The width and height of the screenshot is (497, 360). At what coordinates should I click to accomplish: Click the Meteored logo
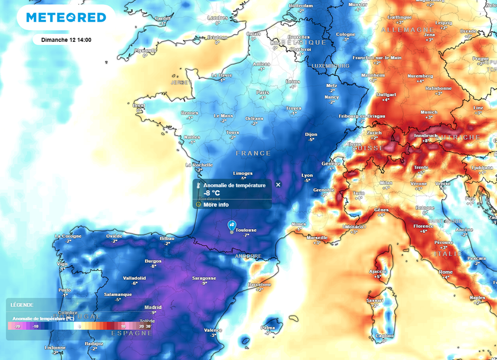[x=66, y=17]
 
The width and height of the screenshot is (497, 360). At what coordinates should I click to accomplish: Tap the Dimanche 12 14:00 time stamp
[x=66, y=40]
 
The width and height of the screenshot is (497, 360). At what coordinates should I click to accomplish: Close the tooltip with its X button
[x=278, y=185]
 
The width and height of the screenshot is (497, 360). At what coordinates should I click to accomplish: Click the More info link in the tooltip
[x=216, y=205]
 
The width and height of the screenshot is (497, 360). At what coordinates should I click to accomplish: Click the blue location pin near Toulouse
[x=232, y=225]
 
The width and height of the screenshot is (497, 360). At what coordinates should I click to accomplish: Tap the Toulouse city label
[x=246, y=230]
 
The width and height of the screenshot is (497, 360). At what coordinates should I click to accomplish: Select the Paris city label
[x=263, y=92]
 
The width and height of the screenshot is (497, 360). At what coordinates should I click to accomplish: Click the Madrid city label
[x=153, y=308]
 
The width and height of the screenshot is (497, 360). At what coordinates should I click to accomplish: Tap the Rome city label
[x=446, y=272]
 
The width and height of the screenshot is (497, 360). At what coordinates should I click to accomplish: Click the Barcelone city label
[x=260, y=284]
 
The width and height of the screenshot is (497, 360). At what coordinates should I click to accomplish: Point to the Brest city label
[x=139, y=105]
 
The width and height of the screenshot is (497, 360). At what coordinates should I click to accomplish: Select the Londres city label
[x=217, y=18]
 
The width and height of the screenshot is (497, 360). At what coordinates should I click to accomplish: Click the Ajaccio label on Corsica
[x=378, y=271]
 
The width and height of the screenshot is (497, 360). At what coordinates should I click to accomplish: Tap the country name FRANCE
[x=253, y=153]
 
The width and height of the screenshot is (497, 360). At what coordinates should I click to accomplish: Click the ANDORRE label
[x=248, y=256]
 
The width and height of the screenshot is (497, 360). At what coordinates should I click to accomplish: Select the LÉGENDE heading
[x=22, y=305]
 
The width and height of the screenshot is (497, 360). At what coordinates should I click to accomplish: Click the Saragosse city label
[x=205, y=278]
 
